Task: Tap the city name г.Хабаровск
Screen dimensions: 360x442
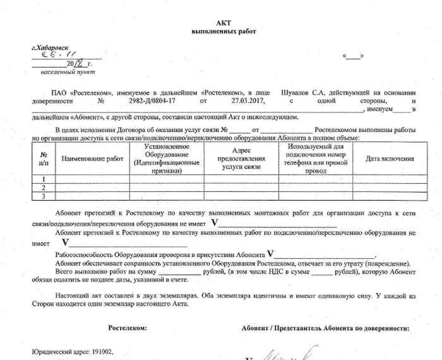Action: [50, 48]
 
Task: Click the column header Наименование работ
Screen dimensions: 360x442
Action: [92, 159]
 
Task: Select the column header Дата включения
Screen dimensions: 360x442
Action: [390, 159]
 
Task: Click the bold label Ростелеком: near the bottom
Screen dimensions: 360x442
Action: [127, 328]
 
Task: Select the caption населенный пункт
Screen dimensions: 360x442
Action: [61, 73]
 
